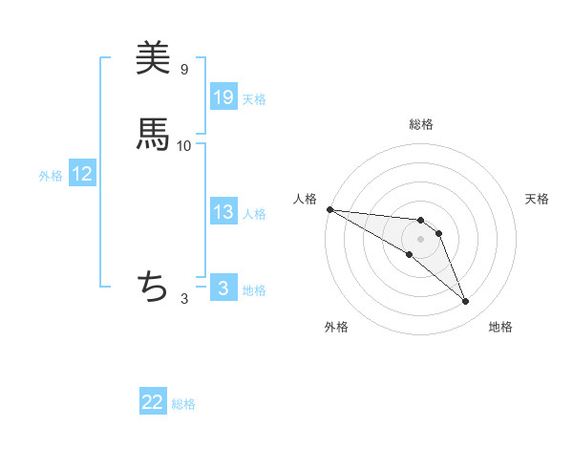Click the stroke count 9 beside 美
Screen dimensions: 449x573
tap(184, 70)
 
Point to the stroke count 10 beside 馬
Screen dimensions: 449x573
tap(184, 145)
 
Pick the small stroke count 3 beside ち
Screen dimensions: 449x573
tap(184, 299)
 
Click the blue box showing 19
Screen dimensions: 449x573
tap(223, 97)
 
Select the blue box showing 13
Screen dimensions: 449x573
tap(223, 212)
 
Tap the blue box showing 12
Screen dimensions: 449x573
tap(82, 175)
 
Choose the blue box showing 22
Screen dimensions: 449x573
tap(153, 403)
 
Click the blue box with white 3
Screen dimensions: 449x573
tap(223, 289)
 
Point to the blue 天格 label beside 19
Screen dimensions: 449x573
tap(254, 99)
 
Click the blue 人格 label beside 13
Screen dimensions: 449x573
tap(254, 214)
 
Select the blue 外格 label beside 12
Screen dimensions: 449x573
tap(51, 176)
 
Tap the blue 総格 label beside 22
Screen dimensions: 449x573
tap(183, 404)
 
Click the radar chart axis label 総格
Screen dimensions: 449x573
tap(421, 124)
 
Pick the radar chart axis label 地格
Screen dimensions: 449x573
tap(500, 327)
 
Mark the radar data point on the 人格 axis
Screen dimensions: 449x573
tap(329, 209)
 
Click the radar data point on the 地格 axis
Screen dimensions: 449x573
tap(466, 302)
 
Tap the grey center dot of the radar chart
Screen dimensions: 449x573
tap(421, 239)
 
